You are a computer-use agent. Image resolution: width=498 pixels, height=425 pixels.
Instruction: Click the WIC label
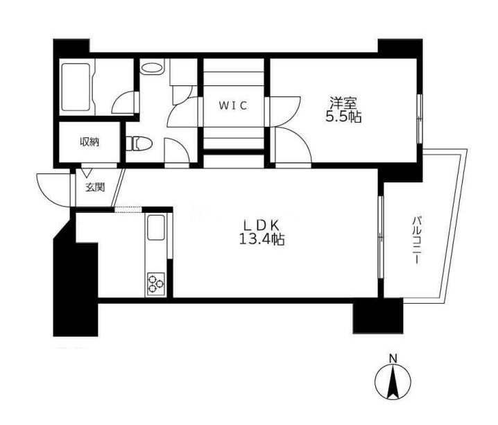pos(233,105)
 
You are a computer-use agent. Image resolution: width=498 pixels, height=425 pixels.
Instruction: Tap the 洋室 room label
pos(343,103)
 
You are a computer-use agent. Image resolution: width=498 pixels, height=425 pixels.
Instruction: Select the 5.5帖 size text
pos(343,117)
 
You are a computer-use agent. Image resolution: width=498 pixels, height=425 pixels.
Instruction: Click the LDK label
pos(261,225)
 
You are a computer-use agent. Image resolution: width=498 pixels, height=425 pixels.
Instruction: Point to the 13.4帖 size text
pos(261,239)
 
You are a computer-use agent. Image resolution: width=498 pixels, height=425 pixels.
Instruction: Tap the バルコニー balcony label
pos(417,240)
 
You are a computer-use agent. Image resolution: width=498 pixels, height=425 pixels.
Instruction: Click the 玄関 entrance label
pos(95,188)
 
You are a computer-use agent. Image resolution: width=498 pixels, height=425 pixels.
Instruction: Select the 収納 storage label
pos(89,142)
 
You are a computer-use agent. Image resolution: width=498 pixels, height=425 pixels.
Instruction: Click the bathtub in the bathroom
pos(76,87)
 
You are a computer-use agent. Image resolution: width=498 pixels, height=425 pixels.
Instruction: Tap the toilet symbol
pos(139,144)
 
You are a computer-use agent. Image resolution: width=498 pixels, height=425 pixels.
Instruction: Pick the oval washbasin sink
pos(152,68)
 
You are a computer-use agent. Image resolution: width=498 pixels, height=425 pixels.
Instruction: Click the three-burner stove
pos(156,284)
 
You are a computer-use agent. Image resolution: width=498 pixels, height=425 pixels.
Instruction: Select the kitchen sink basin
pos(156,227)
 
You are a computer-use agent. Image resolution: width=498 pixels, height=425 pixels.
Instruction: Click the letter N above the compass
pos(393,358)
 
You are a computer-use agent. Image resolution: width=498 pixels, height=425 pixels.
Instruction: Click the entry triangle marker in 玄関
pos(87,173)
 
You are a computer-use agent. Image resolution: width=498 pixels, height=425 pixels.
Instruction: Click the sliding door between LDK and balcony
pos(381,237)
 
